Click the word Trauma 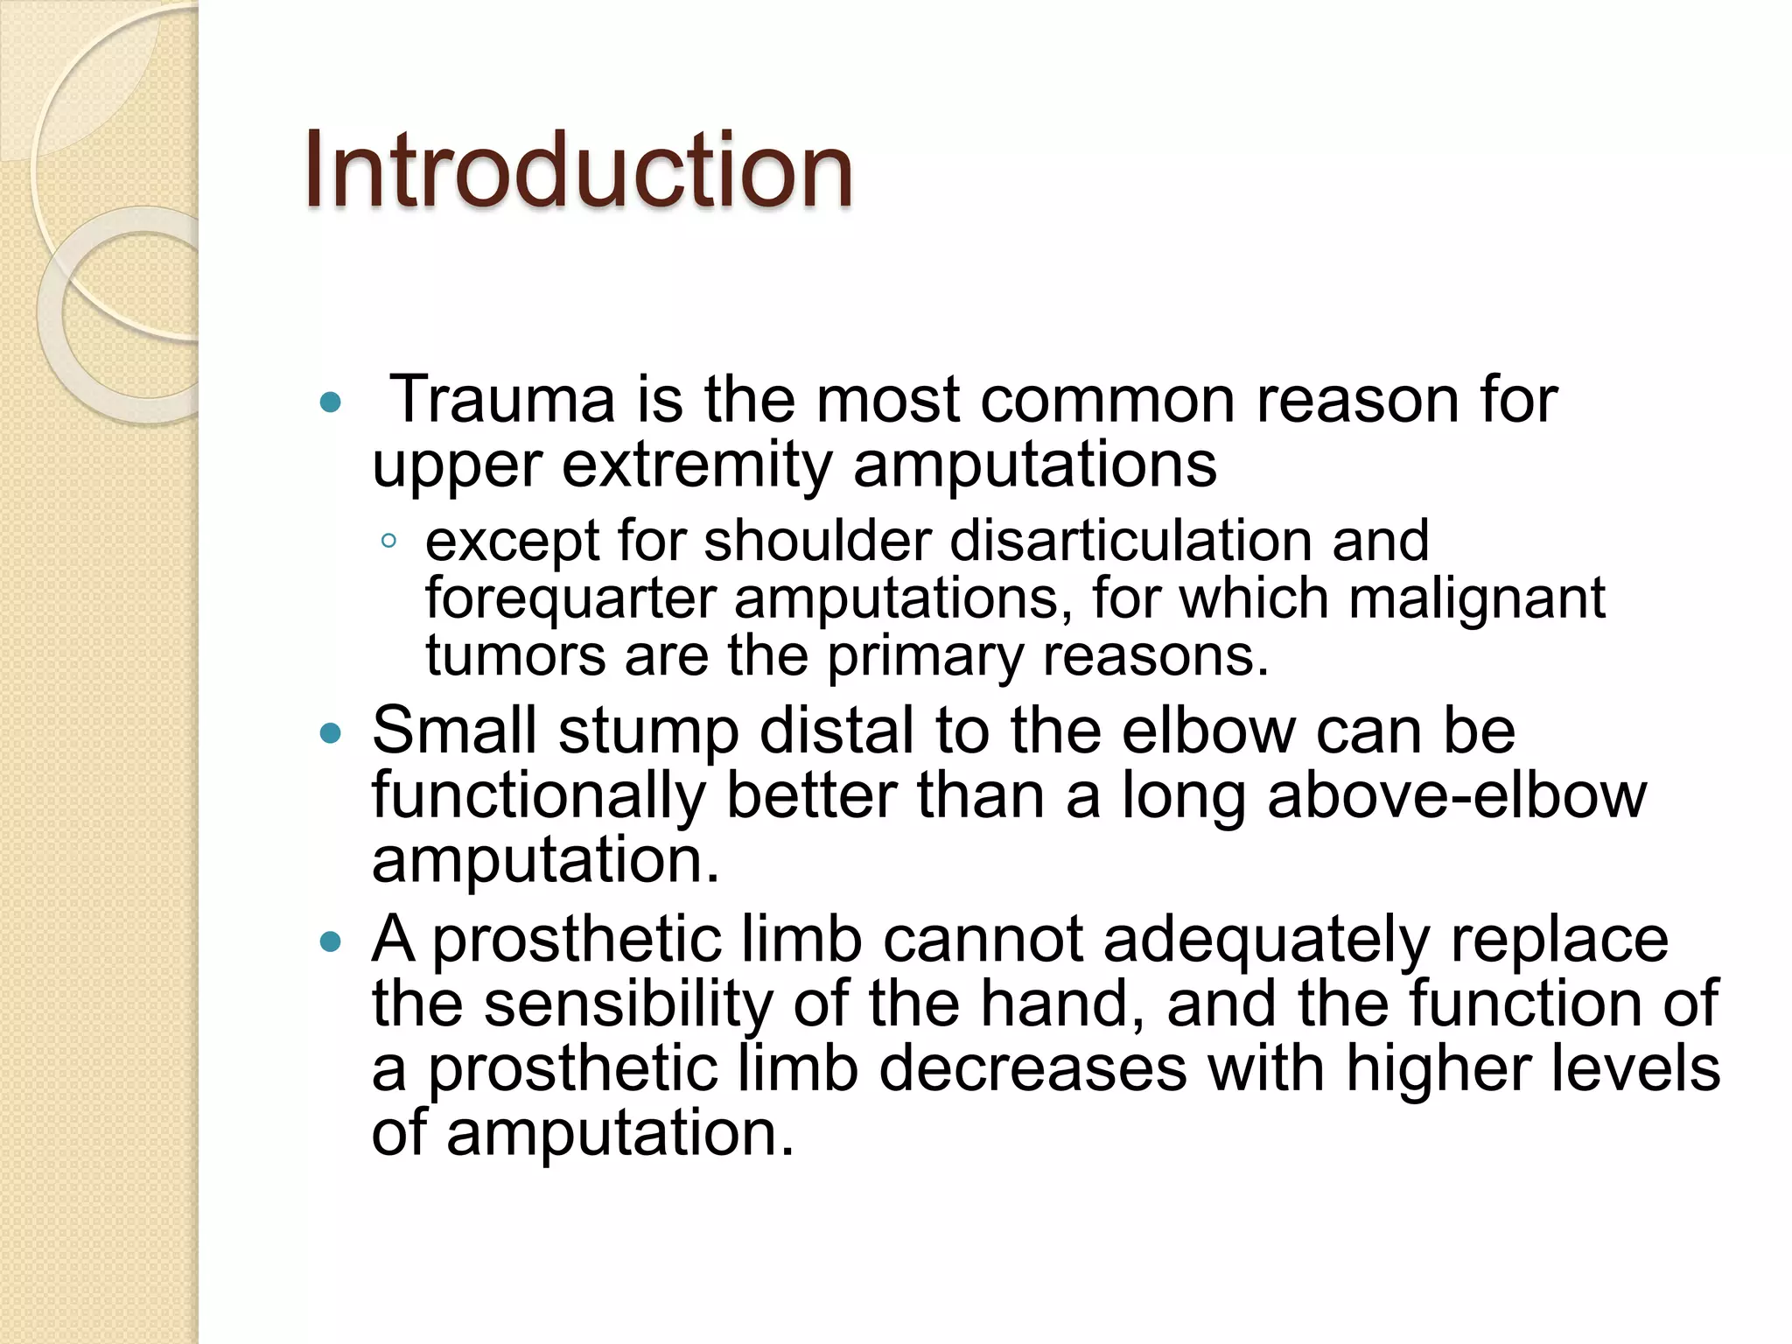[502, 401]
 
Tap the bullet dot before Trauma [330, 402]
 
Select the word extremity [696, 465]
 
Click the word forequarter [570, 599]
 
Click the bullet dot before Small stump [330, 733]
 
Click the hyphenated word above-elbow [1457, 795]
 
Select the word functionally [538, 797]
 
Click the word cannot [983, 940]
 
